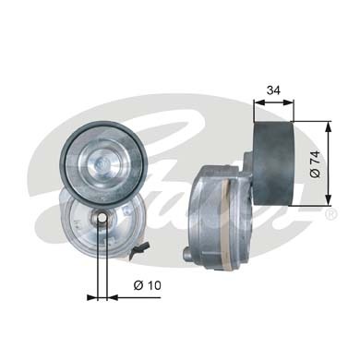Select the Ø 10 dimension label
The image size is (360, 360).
[x=142, y=284]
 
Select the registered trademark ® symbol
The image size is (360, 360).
[x=331, y=214]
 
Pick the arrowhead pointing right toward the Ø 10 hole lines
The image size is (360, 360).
[x=90, y=297]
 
